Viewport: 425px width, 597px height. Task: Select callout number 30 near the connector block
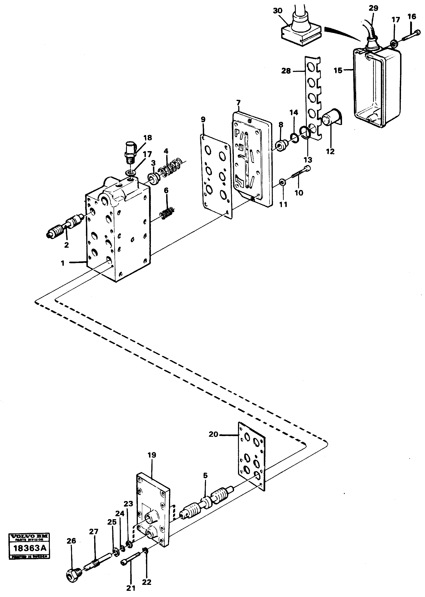pos(278,11)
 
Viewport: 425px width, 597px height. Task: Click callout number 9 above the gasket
pos(203,119)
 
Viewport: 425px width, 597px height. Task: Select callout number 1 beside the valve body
pos(63,263)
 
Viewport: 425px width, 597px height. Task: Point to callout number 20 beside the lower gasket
pos(213,434)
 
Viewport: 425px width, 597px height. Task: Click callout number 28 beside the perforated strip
pos(286,71)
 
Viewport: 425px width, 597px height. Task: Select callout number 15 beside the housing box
pos(338,70)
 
